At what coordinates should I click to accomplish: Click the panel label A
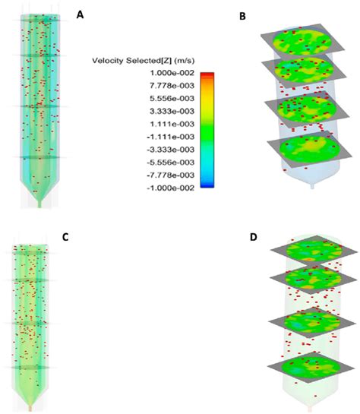(81, 13)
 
